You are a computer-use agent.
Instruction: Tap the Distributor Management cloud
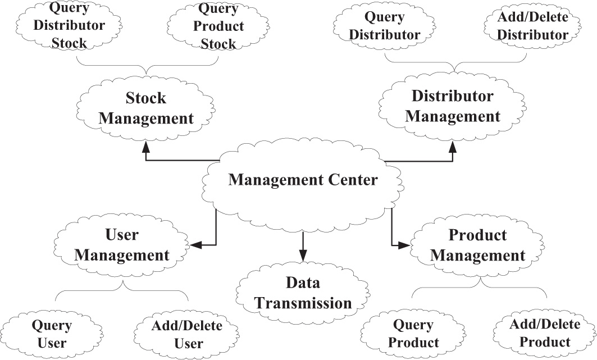coord(453,106)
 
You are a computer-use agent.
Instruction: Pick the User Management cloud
coord(122,245)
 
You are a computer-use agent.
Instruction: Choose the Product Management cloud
coord(477,245)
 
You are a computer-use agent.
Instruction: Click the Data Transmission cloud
coord(302,293)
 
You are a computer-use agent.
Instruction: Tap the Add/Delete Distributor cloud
coord(532,26)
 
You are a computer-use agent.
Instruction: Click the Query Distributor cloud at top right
coord(385,26)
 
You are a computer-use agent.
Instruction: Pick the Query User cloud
coord(51,334)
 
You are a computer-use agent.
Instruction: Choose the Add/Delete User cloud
coord(179,334)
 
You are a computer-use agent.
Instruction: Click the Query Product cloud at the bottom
coord(413,334)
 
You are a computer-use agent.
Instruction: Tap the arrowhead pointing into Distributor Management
coord(452,146)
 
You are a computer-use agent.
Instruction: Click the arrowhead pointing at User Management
coord(196,245)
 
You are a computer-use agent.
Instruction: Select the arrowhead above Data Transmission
coord(303,254)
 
